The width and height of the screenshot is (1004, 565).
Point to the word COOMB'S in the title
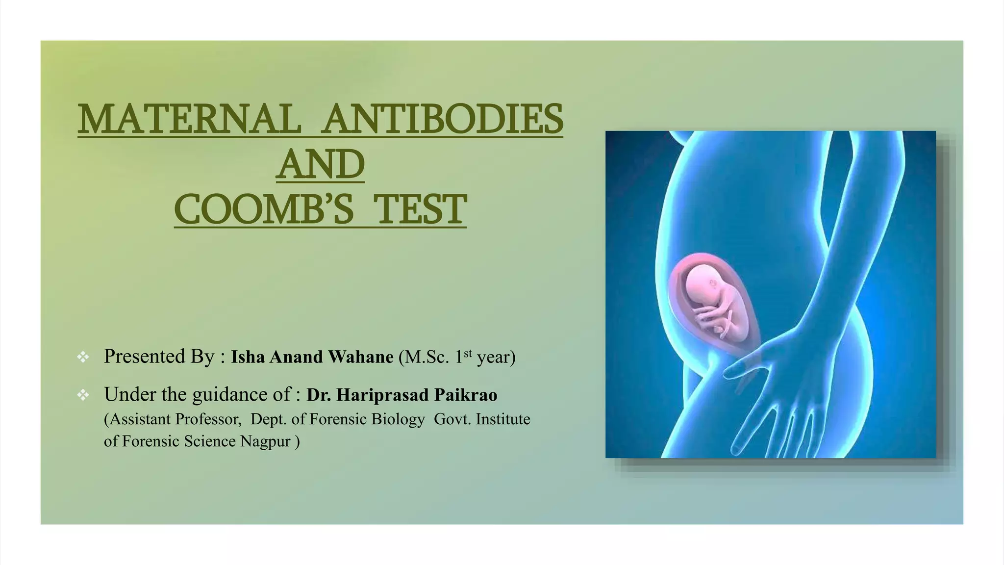coord(264,209)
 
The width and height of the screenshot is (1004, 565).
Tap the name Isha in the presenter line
coord(248,357)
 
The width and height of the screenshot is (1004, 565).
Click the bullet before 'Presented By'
coord(83,357)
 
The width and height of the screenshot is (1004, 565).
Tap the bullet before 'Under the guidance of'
coord(83,395)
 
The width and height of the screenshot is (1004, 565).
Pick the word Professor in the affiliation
coord(208,419)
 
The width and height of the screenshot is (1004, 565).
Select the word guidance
coord(225,395)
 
